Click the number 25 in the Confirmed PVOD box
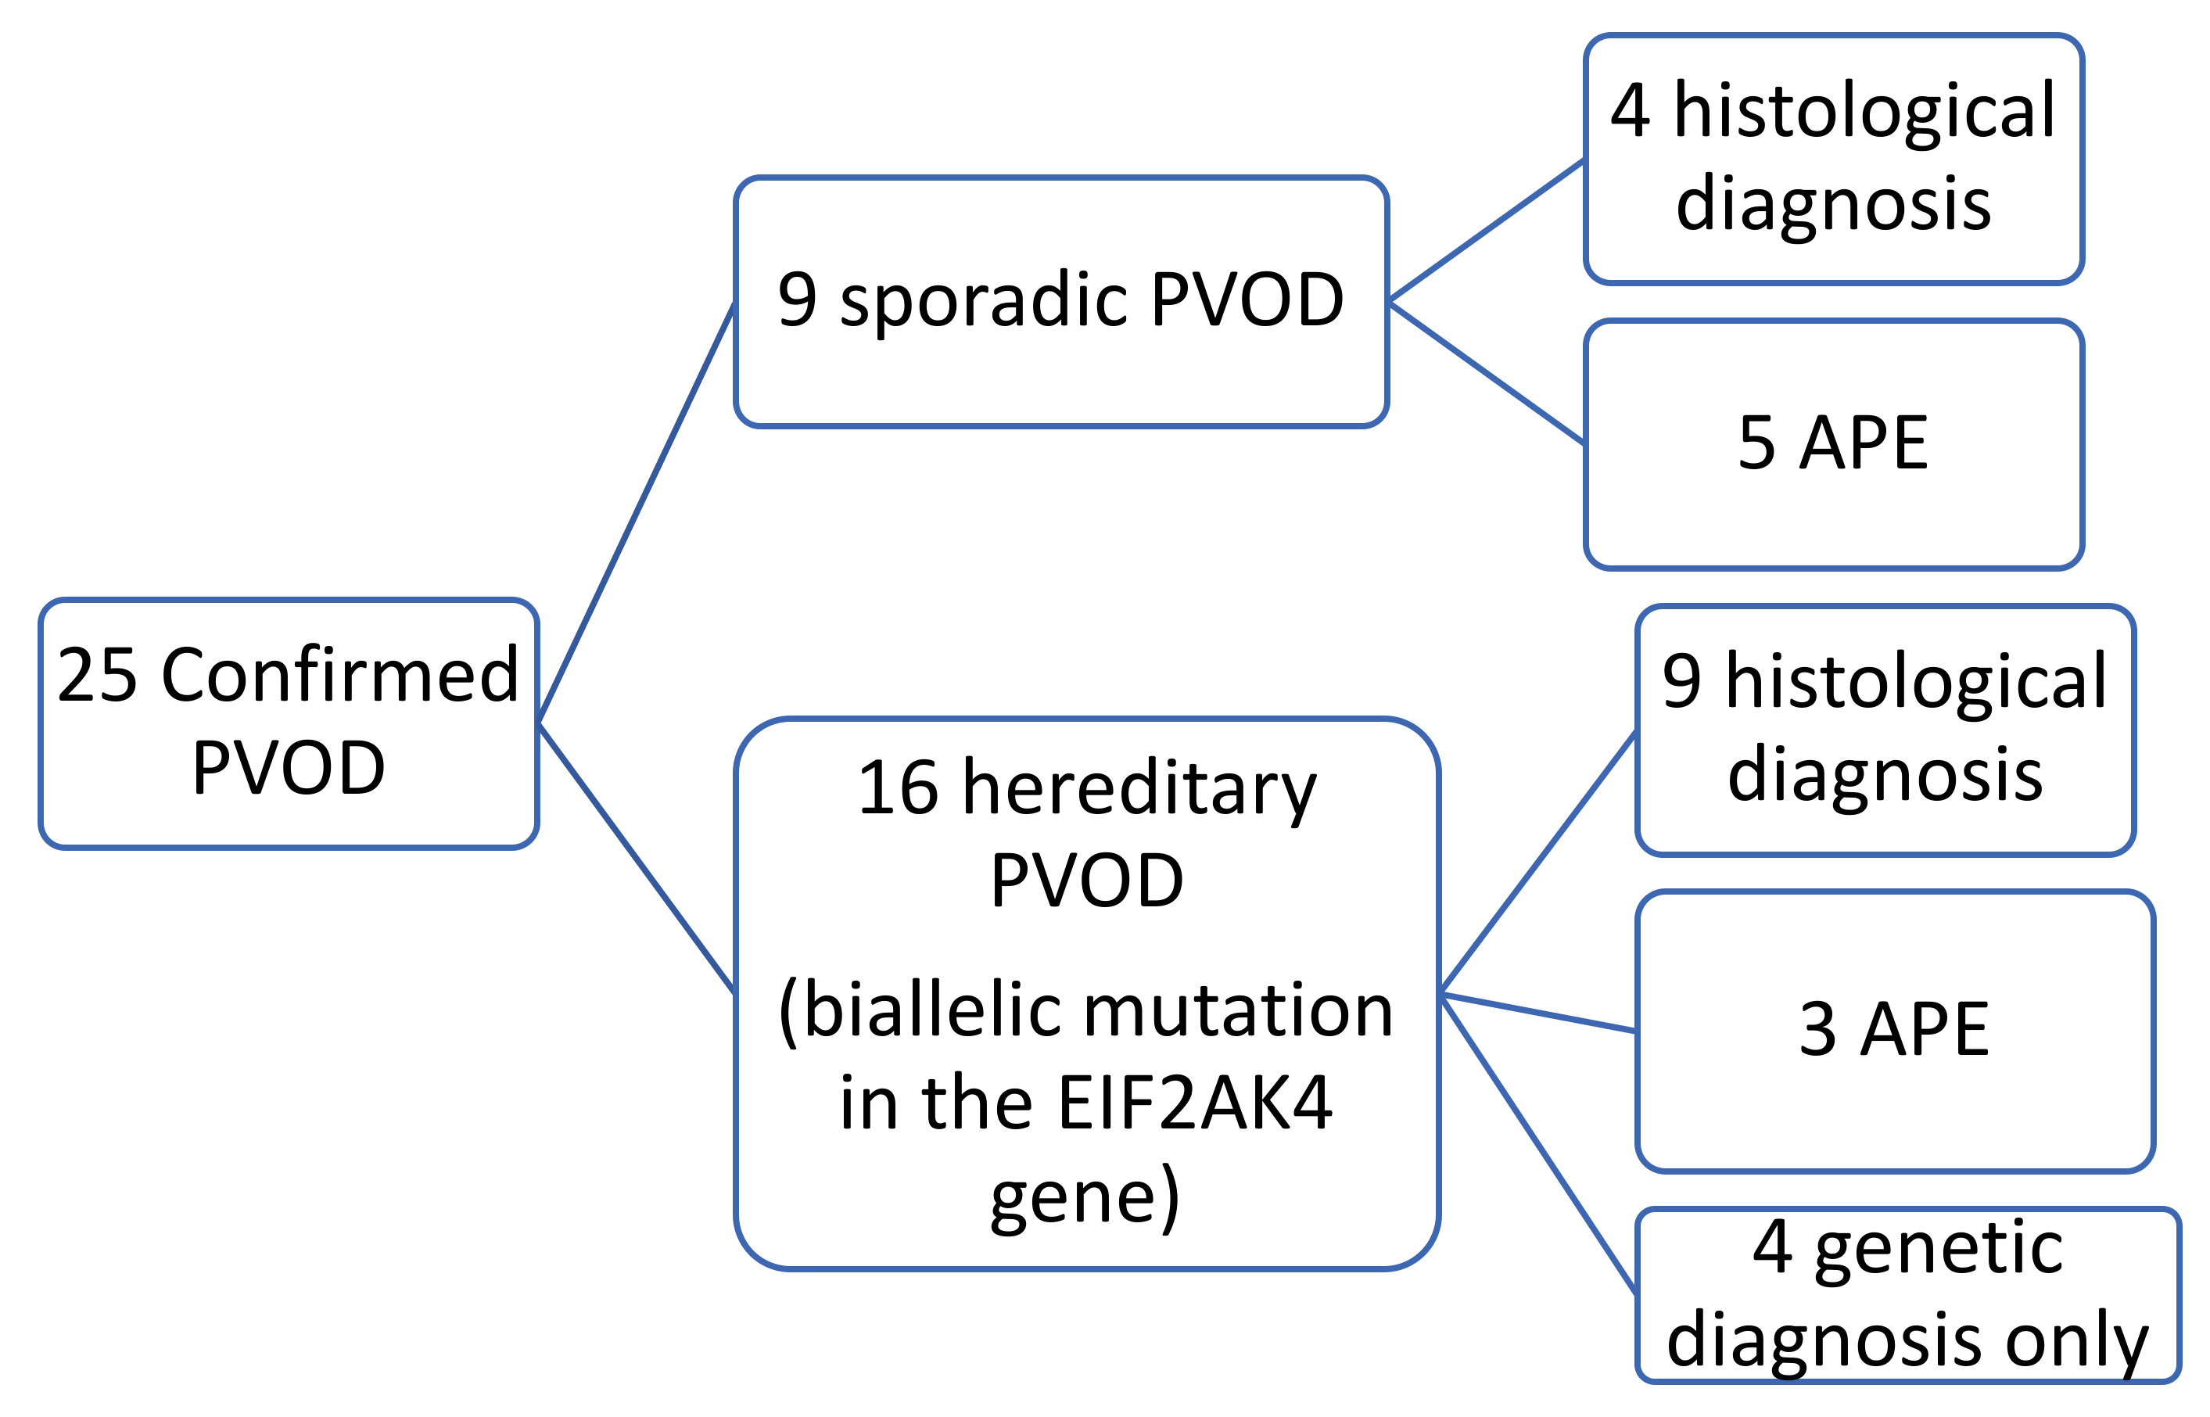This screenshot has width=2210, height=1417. (97, 676)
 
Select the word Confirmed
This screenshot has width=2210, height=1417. (340, 676)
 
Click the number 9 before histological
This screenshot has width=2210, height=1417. (1682, 682)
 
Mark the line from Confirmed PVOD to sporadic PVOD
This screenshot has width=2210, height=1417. (636, 514)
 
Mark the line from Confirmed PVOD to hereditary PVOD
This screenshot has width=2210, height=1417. (636, 858)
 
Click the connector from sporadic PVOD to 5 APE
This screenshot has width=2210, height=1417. (1486, 374)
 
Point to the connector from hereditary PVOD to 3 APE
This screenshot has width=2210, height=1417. (1537, 1012)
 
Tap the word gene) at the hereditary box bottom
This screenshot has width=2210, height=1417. (1085, 1199)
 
